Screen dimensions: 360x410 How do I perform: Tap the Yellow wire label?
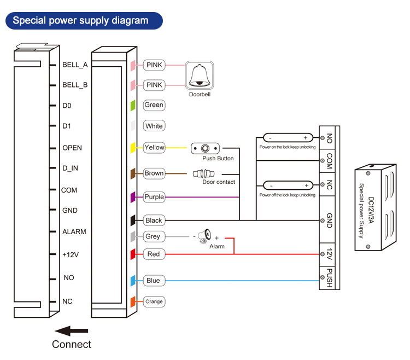pos(154,147)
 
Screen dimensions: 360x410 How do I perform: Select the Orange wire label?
pos(154,301)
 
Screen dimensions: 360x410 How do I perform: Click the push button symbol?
pos(205,148)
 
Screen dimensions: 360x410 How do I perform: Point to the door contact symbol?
pos(203,173)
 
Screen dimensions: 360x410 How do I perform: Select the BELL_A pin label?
pos(75,65)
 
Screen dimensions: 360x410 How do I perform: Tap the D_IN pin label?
pos(71,168)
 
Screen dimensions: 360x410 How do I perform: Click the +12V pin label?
pos(72,254)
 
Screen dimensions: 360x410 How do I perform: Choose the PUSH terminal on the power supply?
pos(330,277)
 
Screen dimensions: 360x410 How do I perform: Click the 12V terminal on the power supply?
pos(330,254)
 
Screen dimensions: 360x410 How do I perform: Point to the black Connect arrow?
pos(72,331)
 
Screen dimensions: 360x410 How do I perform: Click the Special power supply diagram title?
pos(81,21)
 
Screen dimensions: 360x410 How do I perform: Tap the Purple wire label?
pos(154,197)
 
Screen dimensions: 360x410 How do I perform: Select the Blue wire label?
pos(154,281)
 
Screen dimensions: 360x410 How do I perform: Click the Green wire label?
pos(154,104)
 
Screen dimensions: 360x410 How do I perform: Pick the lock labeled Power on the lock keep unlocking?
pos(287,138)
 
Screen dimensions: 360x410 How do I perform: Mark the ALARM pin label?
pos(74,231)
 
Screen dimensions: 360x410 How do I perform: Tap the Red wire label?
pos(154,254)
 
